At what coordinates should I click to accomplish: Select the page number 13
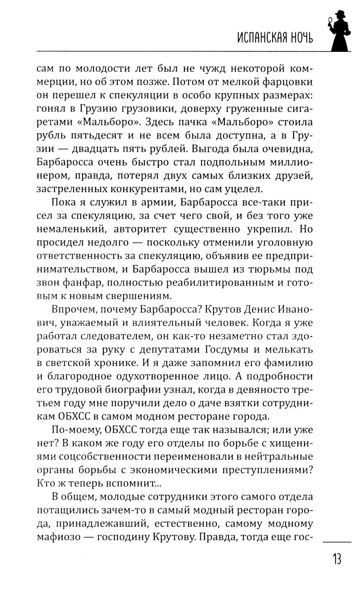pyautogui.click(x=337, y=560)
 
